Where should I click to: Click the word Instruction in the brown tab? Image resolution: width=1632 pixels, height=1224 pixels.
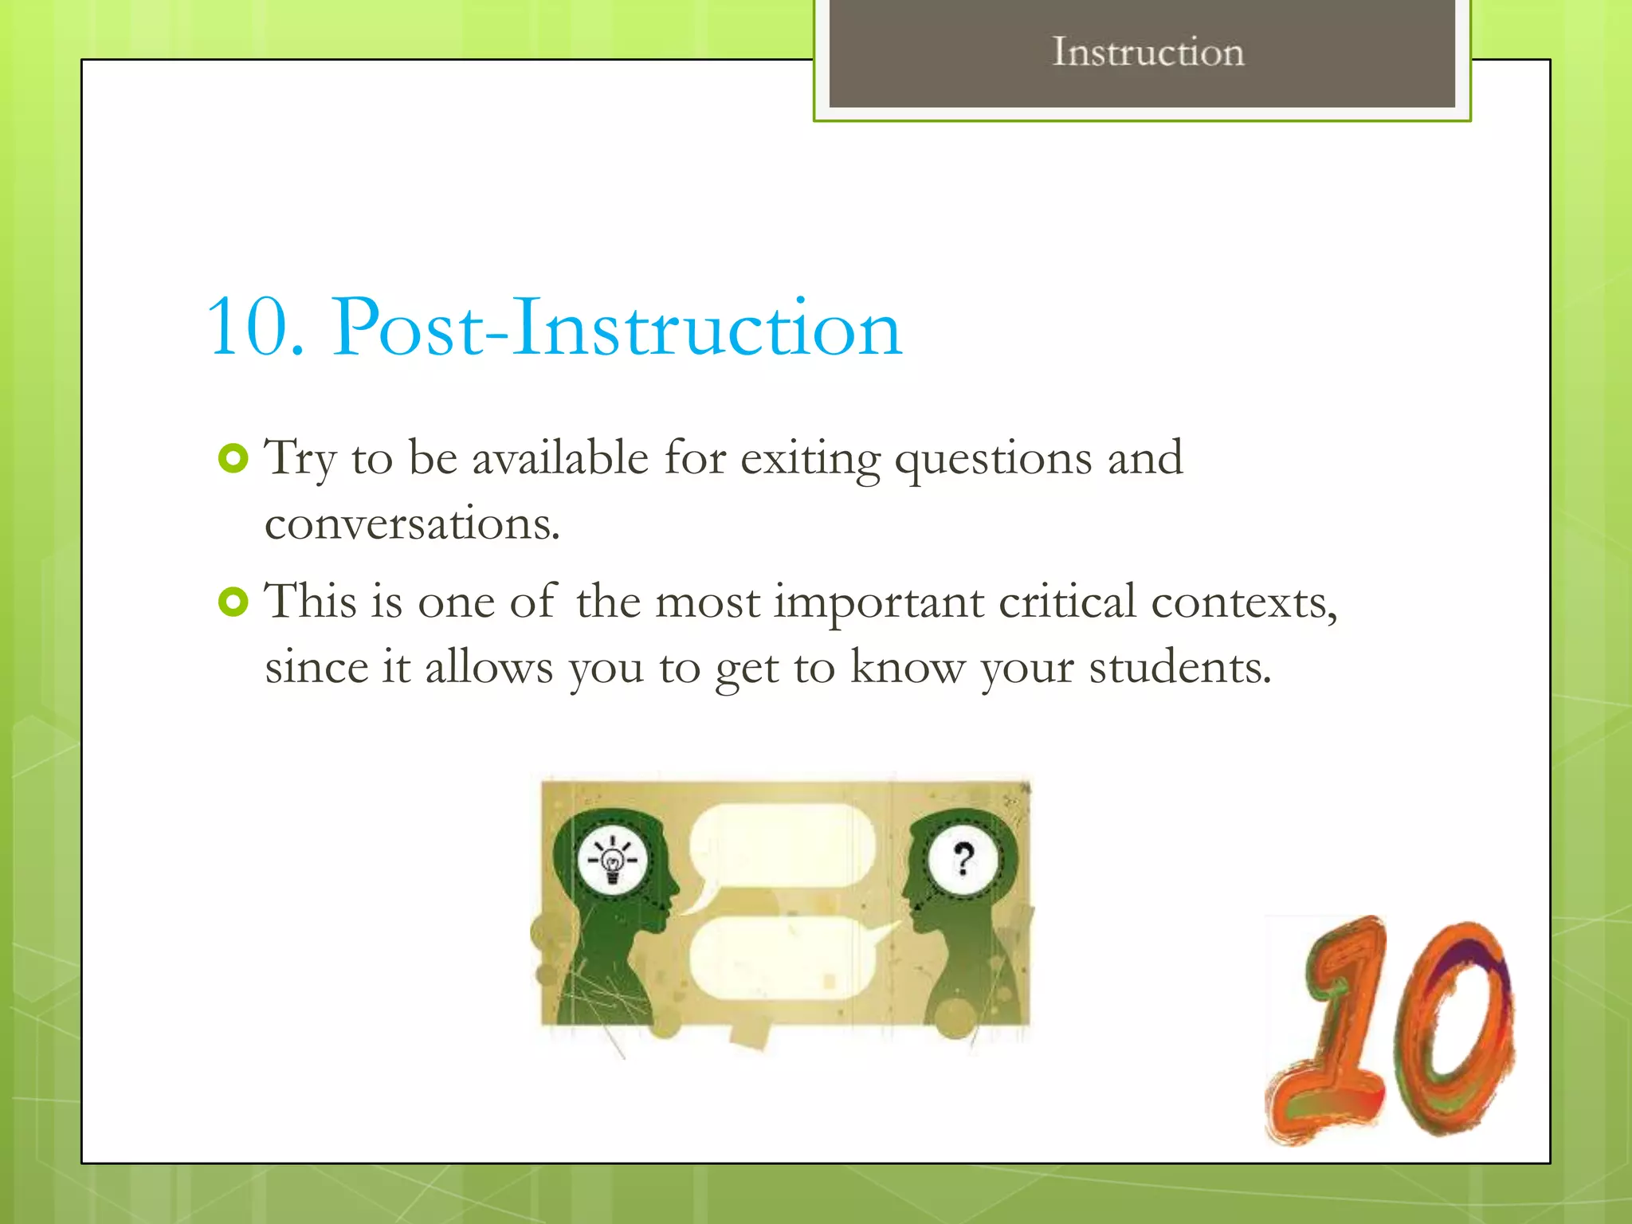coord(1147,53)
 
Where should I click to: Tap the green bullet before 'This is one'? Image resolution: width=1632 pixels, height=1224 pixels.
coord(233,602)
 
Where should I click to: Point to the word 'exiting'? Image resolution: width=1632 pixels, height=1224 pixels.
coord(810,461)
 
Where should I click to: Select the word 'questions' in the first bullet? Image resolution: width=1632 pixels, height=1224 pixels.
coord(993,461)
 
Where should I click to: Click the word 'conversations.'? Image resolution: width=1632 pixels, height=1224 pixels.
coord(412,524)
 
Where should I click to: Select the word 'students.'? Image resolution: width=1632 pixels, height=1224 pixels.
coord(1179,667)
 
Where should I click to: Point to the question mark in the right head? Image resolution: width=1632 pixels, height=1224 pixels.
coord(963,859)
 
